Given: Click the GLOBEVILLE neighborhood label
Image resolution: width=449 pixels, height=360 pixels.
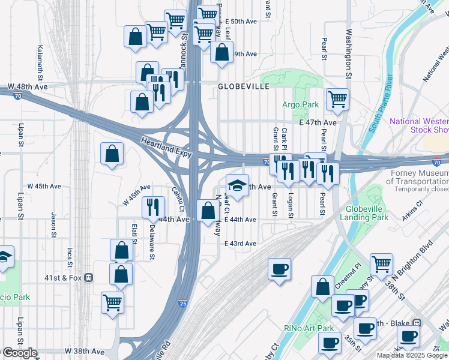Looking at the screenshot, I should tap(243, 86).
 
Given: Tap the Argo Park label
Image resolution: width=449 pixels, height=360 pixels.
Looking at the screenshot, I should tap(301, 104).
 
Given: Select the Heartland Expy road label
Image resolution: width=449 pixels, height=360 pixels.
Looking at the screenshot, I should tap(166, 148).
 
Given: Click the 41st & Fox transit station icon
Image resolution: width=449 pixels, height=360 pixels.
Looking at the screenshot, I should tap(88, 278).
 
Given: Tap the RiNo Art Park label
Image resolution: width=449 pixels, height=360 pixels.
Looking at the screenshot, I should tap(309, 328).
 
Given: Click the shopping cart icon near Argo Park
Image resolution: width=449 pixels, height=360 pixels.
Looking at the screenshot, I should tap(337, 98).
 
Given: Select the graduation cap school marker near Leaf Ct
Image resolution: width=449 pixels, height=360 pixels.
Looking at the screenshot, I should tap(237, 184).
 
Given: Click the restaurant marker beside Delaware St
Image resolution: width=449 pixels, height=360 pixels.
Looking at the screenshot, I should tap(154, 207).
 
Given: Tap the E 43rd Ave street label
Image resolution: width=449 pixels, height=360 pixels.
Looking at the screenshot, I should tap(240, 244).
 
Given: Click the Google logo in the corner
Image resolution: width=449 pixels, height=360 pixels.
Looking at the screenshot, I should tap(19, 353).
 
